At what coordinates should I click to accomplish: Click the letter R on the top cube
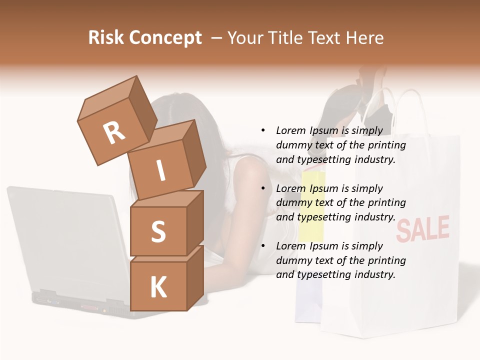(x=114, y=133)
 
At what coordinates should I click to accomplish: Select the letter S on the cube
(x=158, y=231)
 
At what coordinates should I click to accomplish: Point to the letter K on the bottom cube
(x=158, y=287)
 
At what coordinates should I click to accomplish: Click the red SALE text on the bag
(x=422, y=229)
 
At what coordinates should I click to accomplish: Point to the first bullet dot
(x=263, y=130)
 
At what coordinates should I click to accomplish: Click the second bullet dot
(x=263, y=188)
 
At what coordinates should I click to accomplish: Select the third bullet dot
(x=263, y=246)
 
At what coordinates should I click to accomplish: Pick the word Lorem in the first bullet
(x=290, y=130)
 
